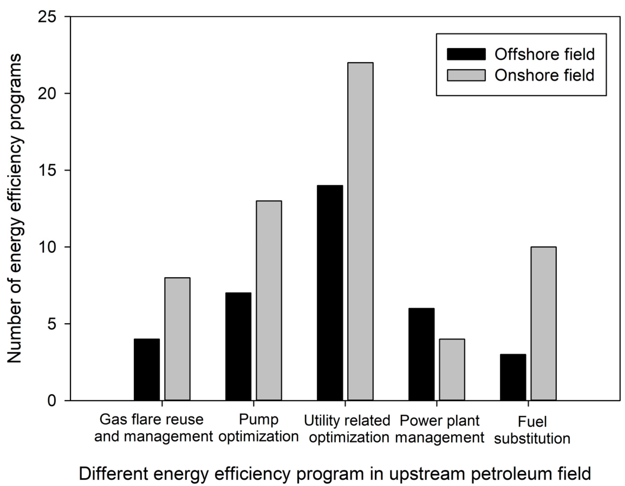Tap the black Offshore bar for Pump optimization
pos(238,346)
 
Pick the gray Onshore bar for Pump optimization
pos(269,300)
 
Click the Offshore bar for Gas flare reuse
pos(147,369)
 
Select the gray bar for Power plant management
pos(452,369)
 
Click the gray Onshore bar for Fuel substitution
pos(543,323)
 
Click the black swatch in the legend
pos(466,54)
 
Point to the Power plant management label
pos(440,429)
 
